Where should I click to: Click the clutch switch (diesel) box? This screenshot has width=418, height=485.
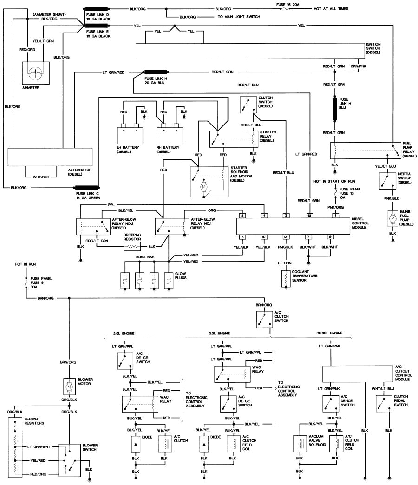[248, 105]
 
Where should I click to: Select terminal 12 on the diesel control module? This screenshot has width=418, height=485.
[308, 215]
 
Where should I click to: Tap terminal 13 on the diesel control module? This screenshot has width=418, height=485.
[286, 237]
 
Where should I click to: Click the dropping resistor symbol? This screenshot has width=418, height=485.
[132, 246]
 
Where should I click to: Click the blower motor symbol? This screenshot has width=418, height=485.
[69, 385]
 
